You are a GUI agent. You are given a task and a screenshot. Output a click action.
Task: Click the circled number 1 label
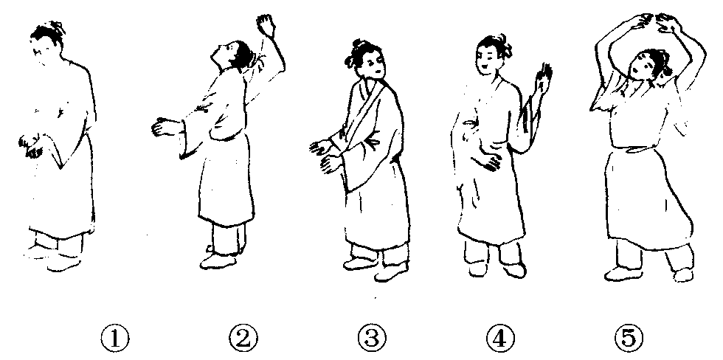115,339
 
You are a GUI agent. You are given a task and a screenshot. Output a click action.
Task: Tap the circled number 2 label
243,339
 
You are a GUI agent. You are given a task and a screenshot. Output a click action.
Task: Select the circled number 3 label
372,339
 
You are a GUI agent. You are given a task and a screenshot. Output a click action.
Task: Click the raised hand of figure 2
266,24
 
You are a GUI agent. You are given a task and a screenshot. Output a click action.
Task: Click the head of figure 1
46,41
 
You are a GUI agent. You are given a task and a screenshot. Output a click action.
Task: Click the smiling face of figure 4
488,59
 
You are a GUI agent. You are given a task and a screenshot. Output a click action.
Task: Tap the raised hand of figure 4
543,79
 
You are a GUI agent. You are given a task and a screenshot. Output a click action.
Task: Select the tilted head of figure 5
648,69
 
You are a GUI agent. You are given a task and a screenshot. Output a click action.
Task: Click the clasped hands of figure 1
31,145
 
